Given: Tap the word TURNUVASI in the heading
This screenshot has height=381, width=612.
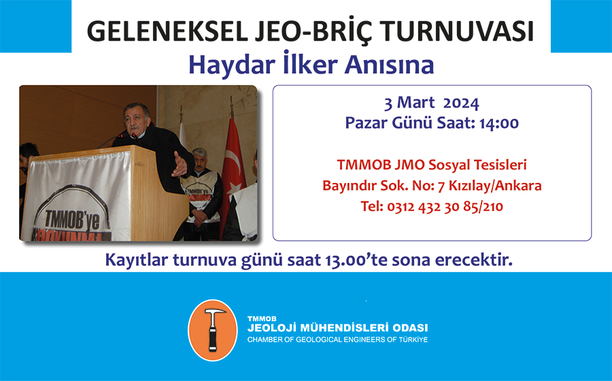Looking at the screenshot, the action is [x=457, y=31].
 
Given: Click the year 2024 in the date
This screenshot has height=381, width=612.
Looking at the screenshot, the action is [x=461, y=103].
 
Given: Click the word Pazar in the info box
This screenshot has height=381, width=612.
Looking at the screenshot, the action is [x=366, y=123].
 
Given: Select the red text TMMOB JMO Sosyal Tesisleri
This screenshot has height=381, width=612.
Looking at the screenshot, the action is [x=432, y=165].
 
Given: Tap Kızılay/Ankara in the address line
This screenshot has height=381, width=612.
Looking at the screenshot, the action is [x=495, y=186].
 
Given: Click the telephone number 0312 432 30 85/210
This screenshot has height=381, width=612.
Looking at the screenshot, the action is [x=445, y=207].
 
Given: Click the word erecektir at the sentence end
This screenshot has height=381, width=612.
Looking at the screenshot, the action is [x=473, y=260].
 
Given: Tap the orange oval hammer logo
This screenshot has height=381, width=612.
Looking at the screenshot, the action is [x=213, y=330].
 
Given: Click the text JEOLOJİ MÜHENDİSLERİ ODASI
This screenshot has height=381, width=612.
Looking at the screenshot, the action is [x=337, y=328].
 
